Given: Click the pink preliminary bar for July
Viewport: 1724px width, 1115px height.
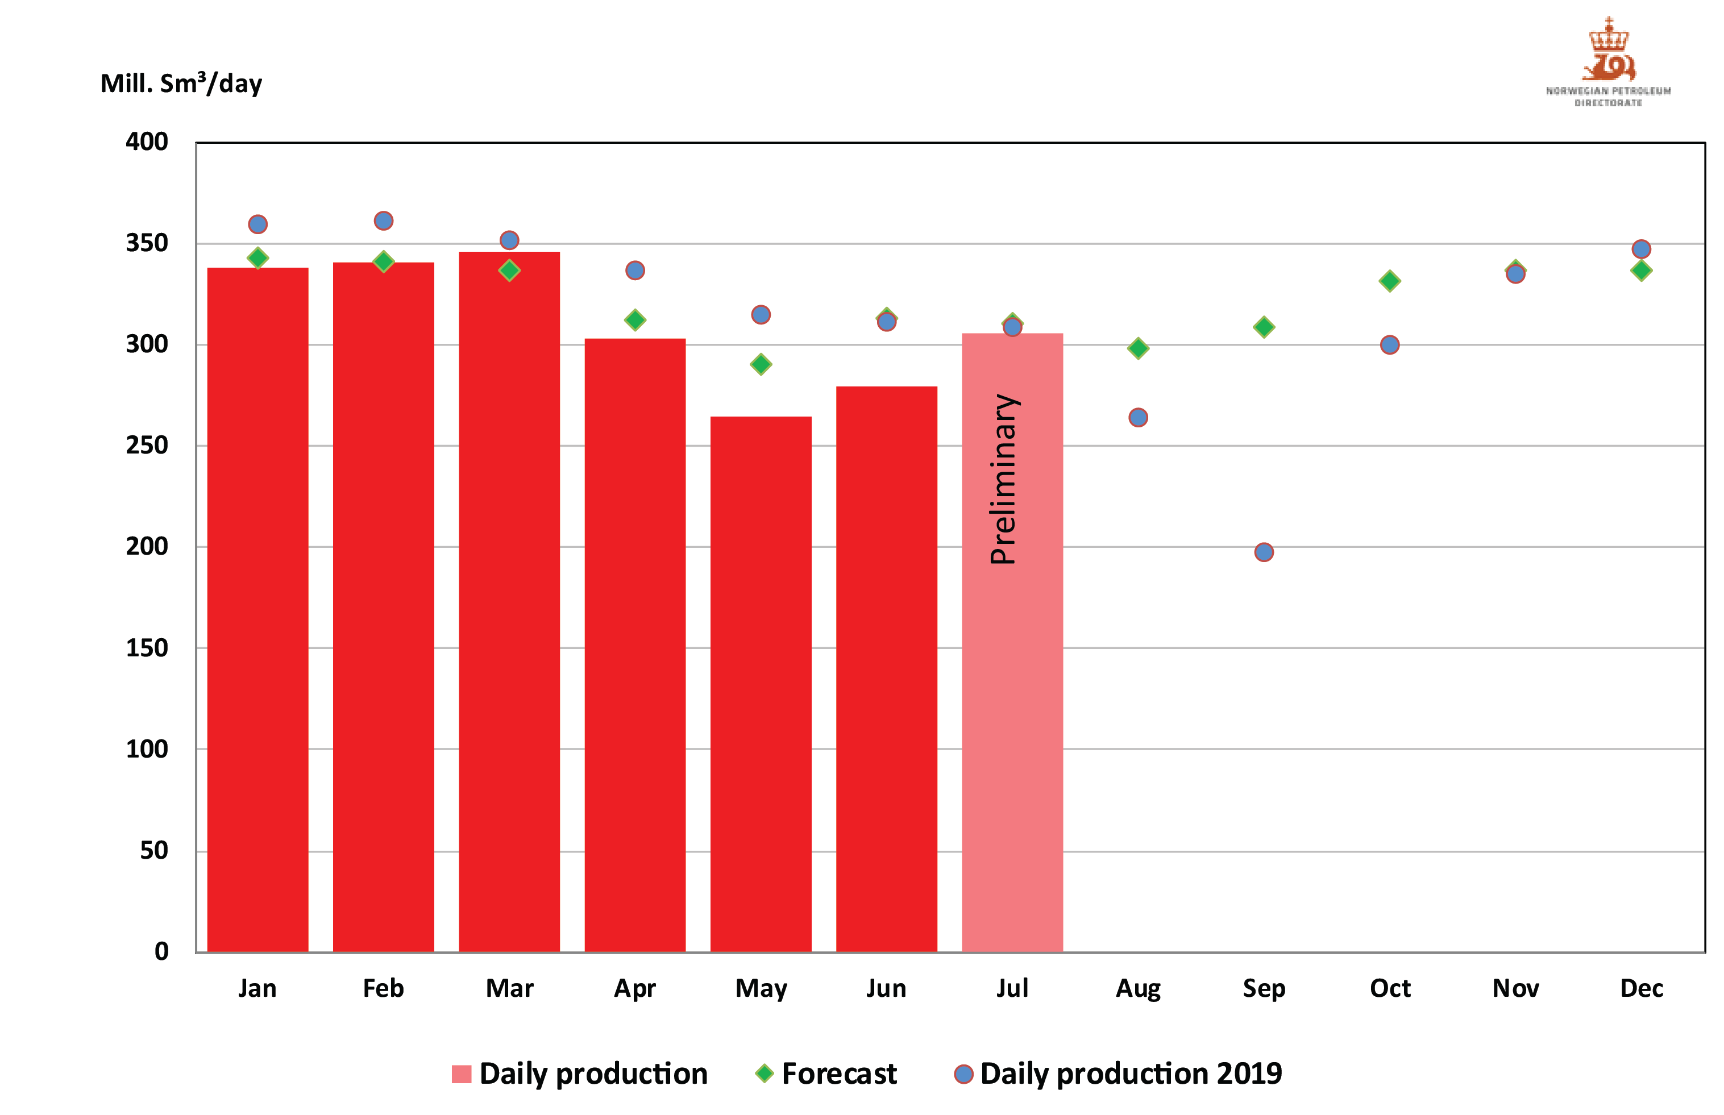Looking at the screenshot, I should click(x=1012, y=724).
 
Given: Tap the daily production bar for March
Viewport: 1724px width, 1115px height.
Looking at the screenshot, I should click(x=509, y=601).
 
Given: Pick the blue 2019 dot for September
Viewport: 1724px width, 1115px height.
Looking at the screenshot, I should click(x=1264, y=552).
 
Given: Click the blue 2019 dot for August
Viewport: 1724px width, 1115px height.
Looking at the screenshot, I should click(x=1137, y=418).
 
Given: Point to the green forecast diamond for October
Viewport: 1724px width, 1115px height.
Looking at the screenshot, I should click(x=1389, y=281).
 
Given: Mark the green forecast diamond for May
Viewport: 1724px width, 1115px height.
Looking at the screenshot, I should click(x=761, y=364).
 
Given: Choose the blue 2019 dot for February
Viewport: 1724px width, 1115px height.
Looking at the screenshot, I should click(x=383, y=221).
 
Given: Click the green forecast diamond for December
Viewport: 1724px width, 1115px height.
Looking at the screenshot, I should click(x=1641, y=271).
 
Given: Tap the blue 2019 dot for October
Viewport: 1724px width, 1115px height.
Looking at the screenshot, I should click(x=1389, y=344).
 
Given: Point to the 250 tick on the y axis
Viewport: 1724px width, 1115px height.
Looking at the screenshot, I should click(x=147, y=446).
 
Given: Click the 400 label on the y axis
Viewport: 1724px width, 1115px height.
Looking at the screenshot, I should click(x=147, y=142).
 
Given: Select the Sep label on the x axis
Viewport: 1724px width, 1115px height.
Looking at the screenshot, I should click(x=1264, y=988).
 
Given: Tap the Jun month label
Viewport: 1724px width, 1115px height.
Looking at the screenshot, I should click(x=886, y=988).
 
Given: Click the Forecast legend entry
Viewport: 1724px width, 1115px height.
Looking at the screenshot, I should click(x=838, y=1074).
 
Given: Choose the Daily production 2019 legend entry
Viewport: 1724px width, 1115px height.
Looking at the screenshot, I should click(x=1129, y=1074).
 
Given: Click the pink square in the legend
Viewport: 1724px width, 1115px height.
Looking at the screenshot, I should click(x=461, y=1074).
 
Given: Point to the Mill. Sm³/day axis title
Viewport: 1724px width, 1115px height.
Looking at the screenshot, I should click(x=181, y=84).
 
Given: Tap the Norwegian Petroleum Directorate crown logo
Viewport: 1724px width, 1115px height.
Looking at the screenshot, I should click(x=1607, y=51).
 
